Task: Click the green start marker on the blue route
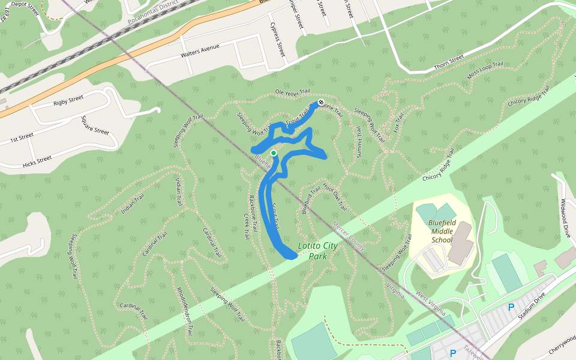274,153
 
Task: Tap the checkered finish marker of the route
321,103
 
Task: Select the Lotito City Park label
317,251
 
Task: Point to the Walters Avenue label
200,50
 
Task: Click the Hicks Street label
37,161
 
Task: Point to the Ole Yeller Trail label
292,92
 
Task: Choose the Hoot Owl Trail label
335,197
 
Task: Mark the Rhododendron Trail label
185,311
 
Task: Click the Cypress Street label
277,40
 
